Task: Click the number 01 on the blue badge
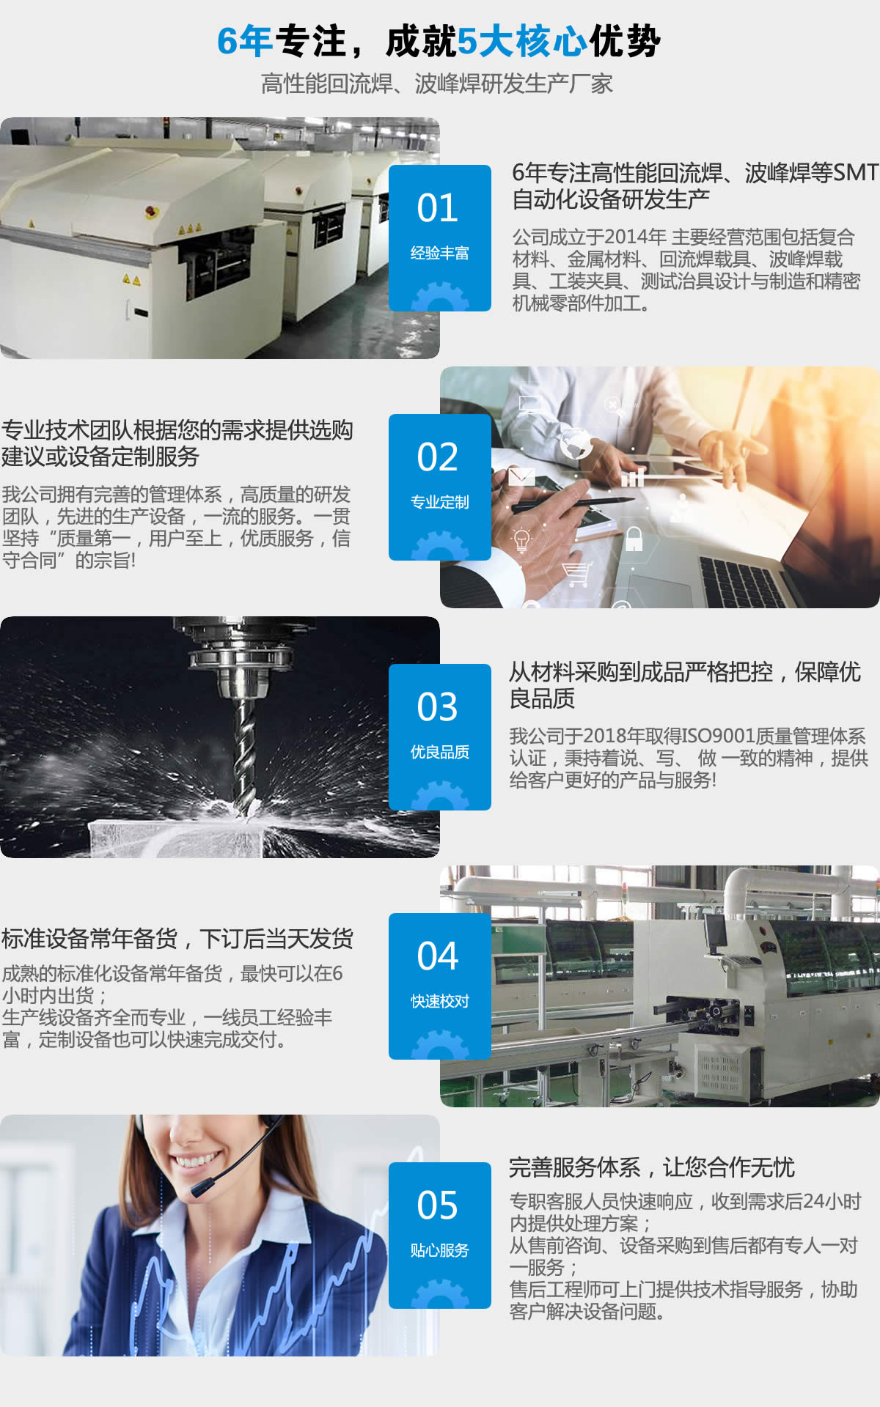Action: [438, 208]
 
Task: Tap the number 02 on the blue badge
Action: [438, 457]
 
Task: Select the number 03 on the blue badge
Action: [438, 707]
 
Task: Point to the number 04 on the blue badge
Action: [438, 956]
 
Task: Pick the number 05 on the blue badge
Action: [438, 1205]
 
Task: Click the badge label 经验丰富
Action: [440, 254]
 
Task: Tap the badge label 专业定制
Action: [440, 503]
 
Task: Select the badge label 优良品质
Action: [440, 753]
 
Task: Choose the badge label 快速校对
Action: [440, 1002]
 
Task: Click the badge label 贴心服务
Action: [440, 1251]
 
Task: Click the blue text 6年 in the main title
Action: [245, 41]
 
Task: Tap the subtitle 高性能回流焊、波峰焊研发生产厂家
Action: [437, 84]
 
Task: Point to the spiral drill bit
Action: [245, 755]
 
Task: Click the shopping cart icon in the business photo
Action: [576, 574]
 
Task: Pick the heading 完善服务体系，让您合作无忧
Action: [652, 1167]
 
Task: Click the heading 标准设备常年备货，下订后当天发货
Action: [177, 939]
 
